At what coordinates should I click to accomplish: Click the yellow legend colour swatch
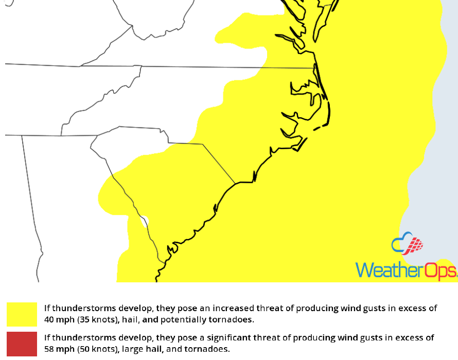click(x=22, y=314)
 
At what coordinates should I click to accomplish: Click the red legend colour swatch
click(x=22, y=344)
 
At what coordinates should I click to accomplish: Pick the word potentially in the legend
click(x=189, y=320)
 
